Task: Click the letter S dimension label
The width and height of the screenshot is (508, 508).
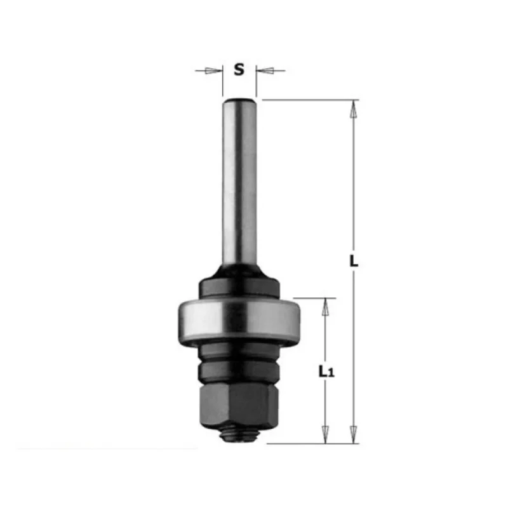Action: coord(239,69)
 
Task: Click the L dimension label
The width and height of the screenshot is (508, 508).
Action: coord(354,261)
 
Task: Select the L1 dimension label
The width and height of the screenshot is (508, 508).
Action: coord(326,371)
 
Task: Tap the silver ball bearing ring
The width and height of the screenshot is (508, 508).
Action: coord(239,320)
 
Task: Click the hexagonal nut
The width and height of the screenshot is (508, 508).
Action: coord(239,404)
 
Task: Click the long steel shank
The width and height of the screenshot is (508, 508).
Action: coord(239,182)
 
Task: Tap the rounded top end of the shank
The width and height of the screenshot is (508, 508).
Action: coord(239,100)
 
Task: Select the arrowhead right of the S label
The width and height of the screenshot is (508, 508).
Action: coord(265,70)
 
